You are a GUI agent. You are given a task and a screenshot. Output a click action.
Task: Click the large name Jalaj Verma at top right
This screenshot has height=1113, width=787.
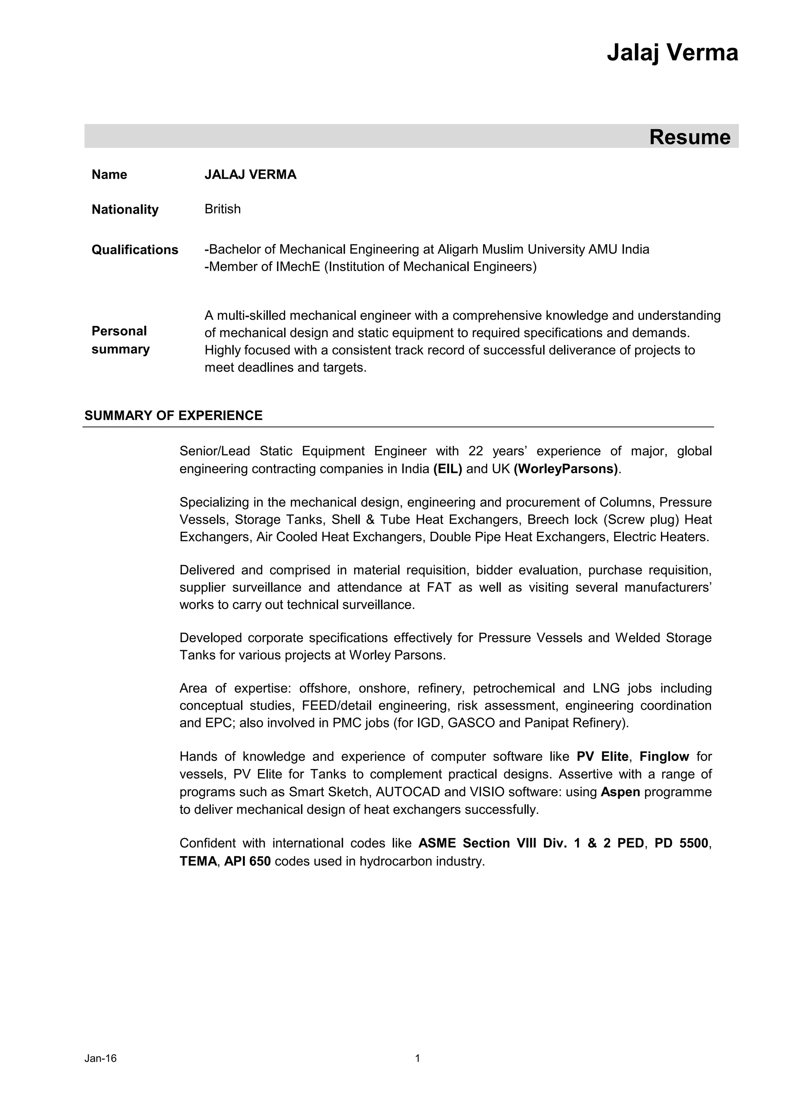click(672, 52)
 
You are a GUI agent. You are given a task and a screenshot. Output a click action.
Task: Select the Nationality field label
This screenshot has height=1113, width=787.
click(125, 210)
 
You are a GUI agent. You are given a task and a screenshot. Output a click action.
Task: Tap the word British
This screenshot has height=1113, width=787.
click(222, 209)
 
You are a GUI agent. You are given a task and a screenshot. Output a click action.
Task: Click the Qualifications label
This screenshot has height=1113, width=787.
click(135, 250)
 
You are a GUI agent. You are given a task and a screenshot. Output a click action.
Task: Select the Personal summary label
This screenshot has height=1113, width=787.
click(120, 340)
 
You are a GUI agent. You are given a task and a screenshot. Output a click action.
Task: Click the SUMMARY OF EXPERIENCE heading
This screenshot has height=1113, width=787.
click(173, 416)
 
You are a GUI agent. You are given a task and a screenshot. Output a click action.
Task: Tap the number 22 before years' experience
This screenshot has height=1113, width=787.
click(476, 451)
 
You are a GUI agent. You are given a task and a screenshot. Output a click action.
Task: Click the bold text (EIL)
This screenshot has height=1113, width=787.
click(448, 469)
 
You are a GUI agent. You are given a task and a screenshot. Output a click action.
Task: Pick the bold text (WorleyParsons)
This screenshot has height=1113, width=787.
click(566, 469)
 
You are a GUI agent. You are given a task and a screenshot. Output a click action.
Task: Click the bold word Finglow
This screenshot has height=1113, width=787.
click(664, 756)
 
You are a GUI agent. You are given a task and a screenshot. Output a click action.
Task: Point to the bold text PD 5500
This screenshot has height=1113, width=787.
click(681, 843)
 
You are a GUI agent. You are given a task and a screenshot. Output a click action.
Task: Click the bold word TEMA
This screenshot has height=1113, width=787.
click(198, 861)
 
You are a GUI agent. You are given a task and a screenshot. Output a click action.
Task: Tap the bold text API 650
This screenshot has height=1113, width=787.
click(247, 861)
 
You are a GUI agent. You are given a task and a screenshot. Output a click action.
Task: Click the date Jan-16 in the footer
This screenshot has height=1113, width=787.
click(100, 1072)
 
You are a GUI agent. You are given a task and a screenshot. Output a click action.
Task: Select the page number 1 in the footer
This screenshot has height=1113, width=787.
click(418, 1072)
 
